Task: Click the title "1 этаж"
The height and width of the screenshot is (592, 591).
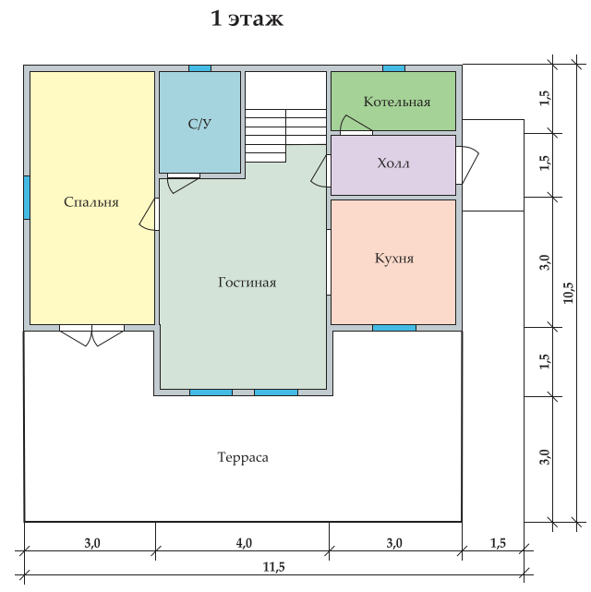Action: (247, 18)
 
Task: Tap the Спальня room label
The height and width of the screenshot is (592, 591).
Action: (91, 202)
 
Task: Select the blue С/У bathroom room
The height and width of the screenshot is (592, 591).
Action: (199, 122)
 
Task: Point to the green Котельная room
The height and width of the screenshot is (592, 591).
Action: (393, 102)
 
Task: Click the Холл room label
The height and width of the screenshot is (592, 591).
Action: (393, 163)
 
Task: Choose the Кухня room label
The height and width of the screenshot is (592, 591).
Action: (394, 259)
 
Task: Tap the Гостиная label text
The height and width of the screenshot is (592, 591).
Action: (247, 283)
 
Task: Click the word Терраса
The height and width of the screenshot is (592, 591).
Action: (243, 457)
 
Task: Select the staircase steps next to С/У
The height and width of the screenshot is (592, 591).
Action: (285, 136)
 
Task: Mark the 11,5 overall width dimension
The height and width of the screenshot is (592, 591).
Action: (274, 567)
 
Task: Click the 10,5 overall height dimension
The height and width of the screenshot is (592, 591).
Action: (568, 293)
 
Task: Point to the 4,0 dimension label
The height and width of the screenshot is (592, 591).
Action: (244, 543)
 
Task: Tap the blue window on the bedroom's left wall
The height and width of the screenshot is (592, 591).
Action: (27, 198)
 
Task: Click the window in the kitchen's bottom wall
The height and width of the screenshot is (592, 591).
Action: (394, 328)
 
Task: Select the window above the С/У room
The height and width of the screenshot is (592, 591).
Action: (199, 68)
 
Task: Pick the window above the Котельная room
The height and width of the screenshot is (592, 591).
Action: (394, 68)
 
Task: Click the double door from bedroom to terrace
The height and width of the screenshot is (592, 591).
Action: (91, 335)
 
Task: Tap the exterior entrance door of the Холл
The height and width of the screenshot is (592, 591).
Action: (467, 165)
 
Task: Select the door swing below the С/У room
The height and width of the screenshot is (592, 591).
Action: (184, 183)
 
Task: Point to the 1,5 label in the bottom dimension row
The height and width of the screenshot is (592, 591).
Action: (498, 543)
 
